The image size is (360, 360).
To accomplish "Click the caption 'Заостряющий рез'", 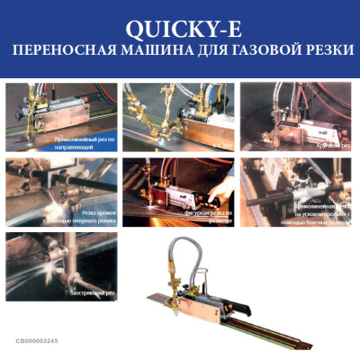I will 93,293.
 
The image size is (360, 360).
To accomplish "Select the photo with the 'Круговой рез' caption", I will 295,117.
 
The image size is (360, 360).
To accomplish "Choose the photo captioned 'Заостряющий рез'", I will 60,265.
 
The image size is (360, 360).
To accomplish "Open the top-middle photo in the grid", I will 178,117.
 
